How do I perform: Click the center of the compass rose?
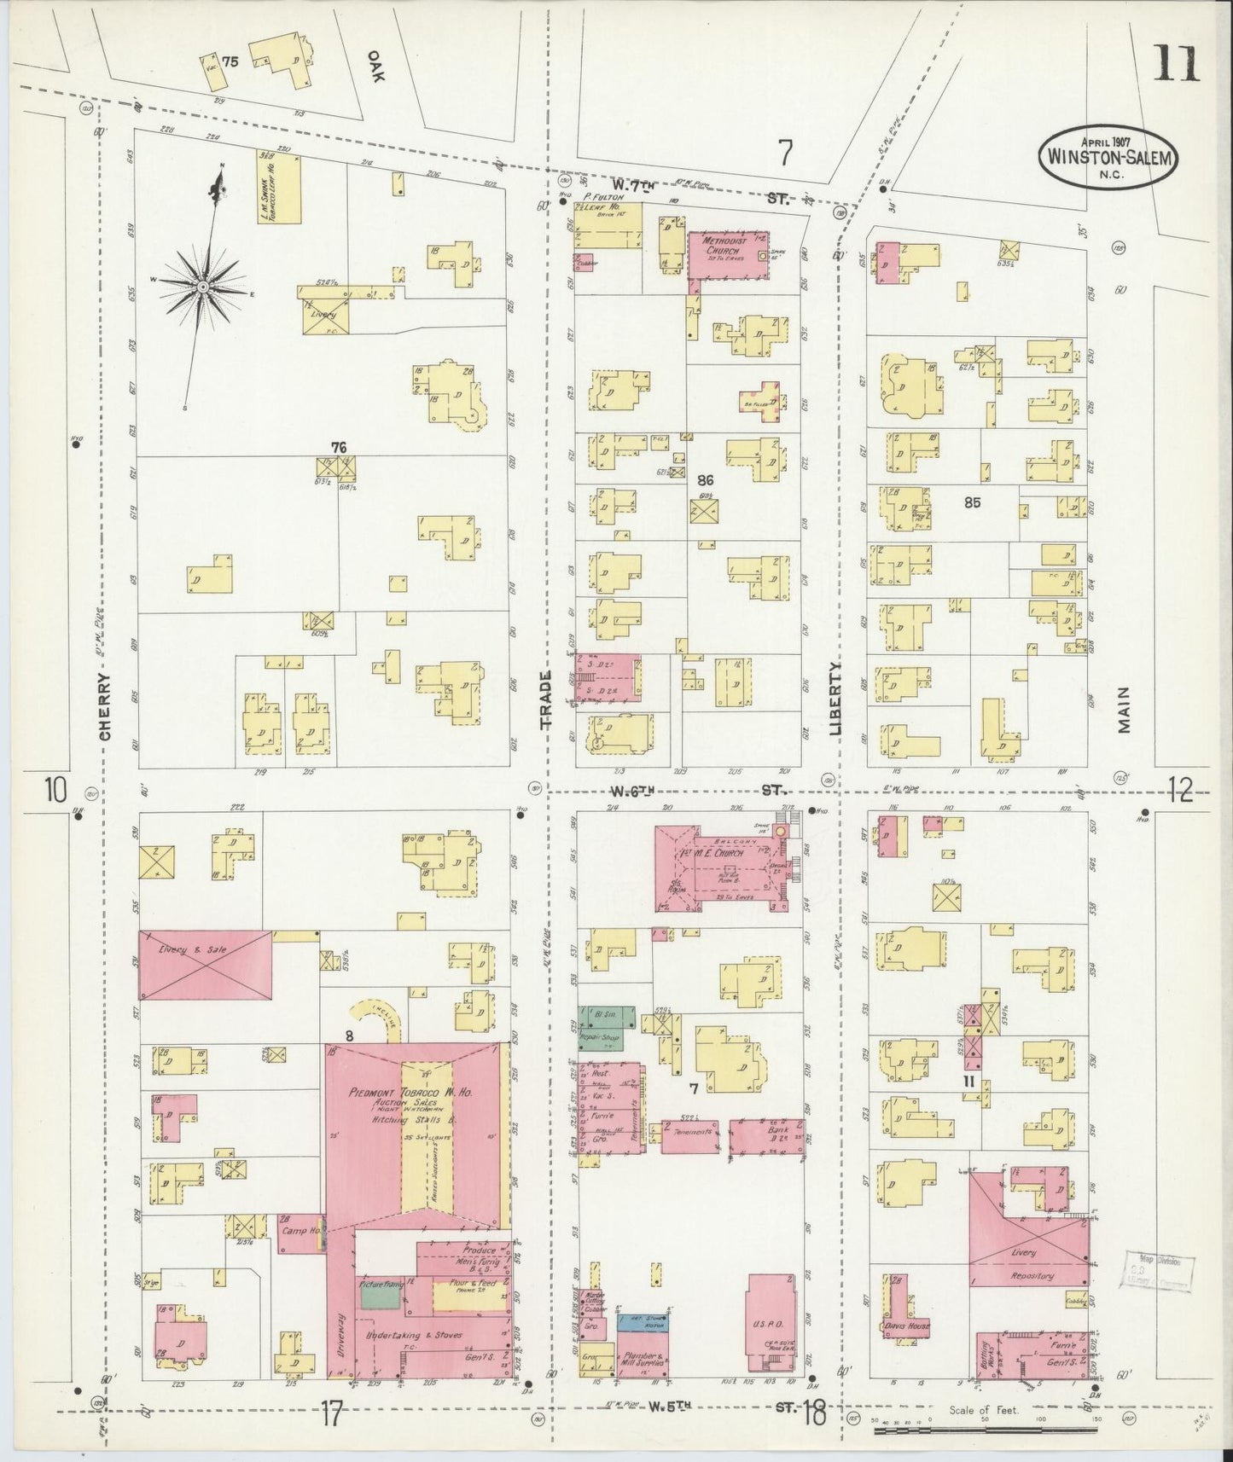(x=203, y=287)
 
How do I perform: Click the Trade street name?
(x=547, y=699)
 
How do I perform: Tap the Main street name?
(x=1123, y=710)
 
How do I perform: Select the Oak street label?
(x=375, y=64)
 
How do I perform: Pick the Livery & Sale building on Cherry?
(x=206, y=964)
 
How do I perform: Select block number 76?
(x=339, y=447)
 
